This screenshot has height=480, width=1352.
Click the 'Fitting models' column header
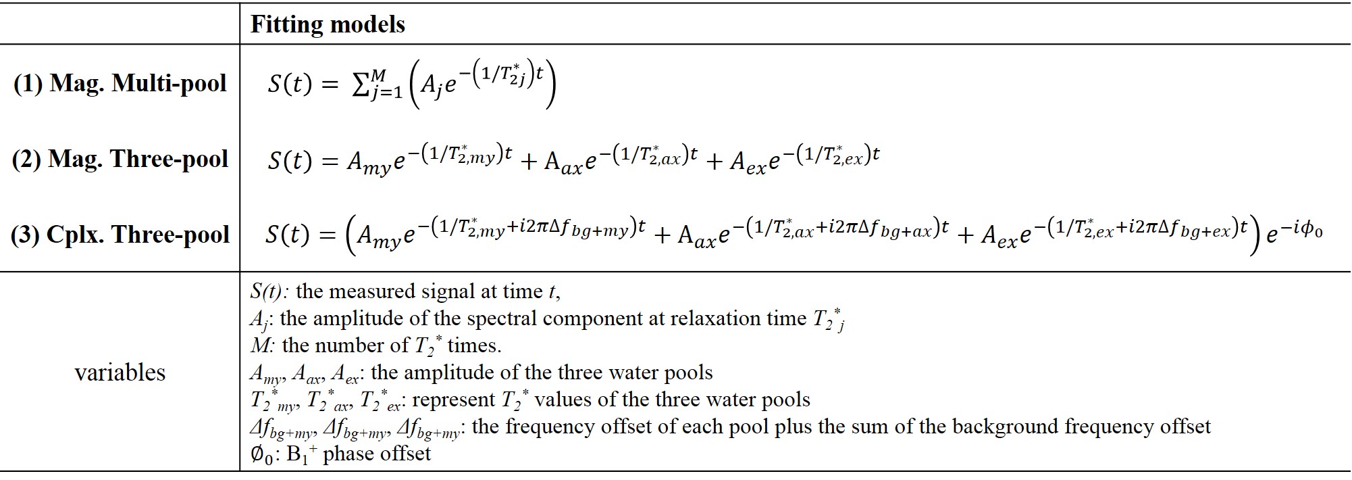tap(328, 24)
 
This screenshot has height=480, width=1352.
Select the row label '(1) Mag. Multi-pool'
tap(120, 83)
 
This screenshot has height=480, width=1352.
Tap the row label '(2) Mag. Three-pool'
tap(120, 159)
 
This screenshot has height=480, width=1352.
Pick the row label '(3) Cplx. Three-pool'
tap(120, 235)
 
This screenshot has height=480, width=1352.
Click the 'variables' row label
tap(120, 373)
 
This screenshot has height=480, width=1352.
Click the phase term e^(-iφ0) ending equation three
tap(1293, 233)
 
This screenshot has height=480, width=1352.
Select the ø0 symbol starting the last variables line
tap(261, 454)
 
